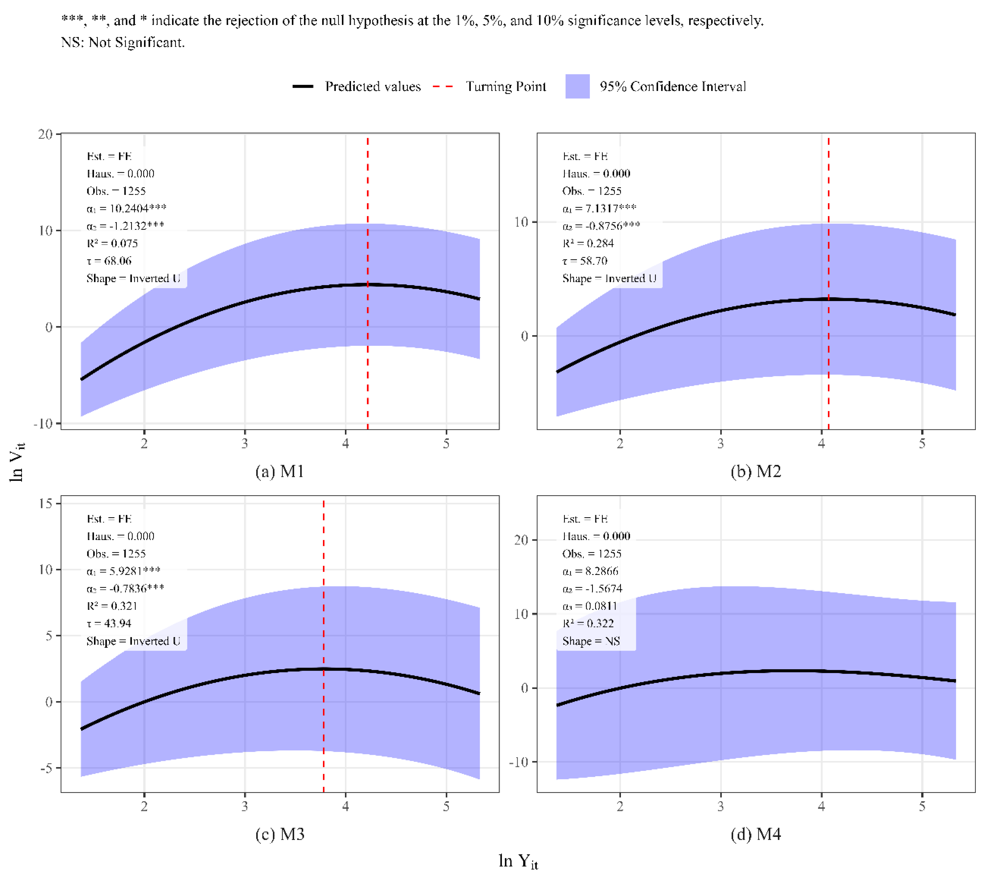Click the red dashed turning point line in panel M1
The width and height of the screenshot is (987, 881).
coord(367,283)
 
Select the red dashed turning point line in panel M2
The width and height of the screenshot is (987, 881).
coord(828,283)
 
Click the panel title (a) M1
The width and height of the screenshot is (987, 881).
coord(280,471)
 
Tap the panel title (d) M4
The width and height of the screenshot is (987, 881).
coord(756,834)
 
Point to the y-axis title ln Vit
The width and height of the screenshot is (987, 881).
coord(17,462)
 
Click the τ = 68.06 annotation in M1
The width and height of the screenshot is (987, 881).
coord(109,261)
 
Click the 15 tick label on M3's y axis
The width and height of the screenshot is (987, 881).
coord(46,503)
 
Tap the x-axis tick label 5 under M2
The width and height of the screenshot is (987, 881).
coord(922,443)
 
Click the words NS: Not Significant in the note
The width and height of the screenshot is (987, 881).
coord(123,43)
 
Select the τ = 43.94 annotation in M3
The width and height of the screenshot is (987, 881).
coord(109,623)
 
